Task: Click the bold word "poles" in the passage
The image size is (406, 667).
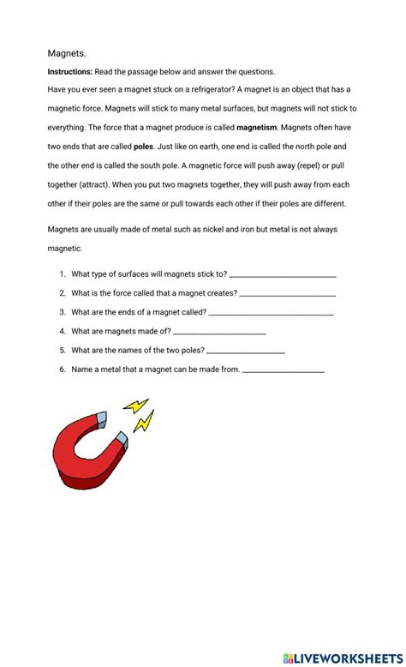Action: pyautogui.click(x=143, y=146)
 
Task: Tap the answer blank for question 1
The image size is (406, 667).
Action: pyautogui.click(x=283, y=276)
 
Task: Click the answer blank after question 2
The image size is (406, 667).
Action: pyautogui.click(x=287, y=295)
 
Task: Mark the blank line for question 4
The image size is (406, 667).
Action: pyautogui.click(x=220, y=333)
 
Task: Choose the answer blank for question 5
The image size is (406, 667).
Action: pyautogui.click(x=246, y=352)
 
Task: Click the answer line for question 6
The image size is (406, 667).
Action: pyautogui.click(x=284, y=370)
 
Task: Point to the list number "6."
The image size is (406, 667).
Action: pyautogui.click(x=63, y=370)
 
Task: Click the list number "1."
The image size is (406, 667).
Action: pyautogui.click(x=63, y=274)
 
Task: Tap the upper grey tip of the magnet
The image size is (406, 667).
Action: pyautogui.click(x=100, y=419)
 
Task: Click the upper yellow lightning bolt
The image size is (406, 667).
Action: pyautogui.click(x=136, y=405)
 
